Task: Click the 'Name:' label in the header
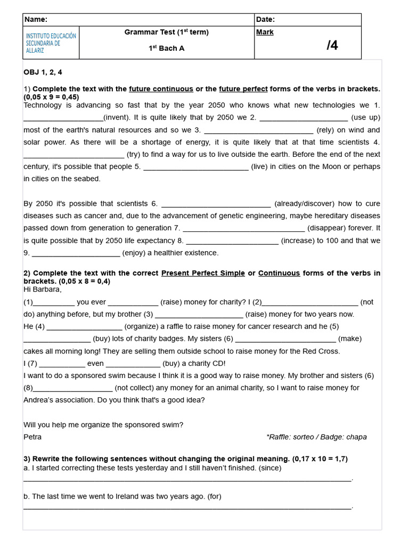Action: pyautogui.click(x=36, y=20)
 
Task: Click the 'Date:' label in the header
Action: pyautogui.click(x=265, y=20)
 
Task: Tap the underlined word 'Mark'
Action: pyautogui.click(x=265, y=33)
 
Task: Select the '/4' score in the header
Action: pyautogui.click(x=332, y=46)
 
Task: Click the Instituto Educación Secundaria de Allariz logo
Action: pyautogui.click(x=51, y=43)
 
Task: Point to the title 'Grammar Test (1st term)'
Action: pyautogui.click(x=166, y=32)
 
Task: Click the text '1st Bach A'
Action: pyautogui.click(x=166, y=49)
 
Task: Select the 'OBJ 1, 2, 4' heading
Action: pyautogui.click(x=43, y=73)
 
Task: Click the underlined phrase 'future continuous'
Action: pyautogui.click(x=161, y=89)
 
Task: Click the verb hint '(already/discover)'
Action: pyautogui.click(x=304, y=204)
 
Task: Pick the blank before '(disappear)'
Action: pyautogui.click(x=243, y=229)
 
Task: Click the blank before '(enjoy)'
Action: pyautogui.click(x=76, y=253)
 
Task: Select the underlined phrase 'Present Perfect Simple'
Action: pyautogui.click(x=203, y=274)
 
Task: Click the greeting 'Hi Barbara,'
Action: pyautogui.click(x=43, y=290)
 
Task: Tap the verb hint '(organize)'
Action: pyautogui.click(x=142, y=326)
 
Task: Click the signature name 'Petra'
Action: pyautogui.click(x=32, y=437)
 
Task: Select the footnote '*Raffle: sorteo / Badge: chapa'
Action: pyautogui.click(x=316, y=437)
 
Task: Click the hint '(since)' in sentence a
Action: pyautogui.click(x=270, y=468)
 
